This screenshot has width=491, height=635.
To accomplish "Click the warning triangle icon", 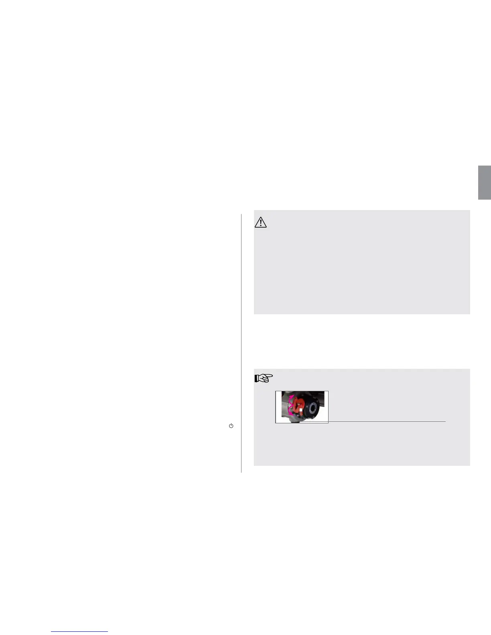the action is click(261, 222).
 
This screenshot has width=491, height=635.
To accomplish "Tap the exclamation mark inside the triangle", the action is click(261, 223).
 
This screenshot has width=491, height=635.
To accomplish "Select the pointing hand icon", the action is click(264, 378).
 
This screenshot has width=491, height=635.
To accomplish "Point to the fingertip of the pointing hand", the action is click(272, 376).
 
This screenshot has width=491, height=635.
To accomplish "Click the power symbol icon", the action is click(231, 426).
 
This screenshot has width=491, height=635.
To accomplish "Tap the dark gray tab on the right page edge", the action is click(484, 182).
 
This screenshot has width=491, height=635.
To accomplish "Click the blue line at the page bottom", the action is click(79, 631).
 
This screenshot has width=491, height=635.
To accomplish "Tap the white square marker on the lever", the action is click(301, 410).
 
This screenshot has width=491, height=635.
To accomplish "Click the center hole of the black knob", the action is click(312, 409).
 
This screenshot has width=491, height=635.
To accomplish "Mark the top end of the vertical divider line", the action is click(241, 214).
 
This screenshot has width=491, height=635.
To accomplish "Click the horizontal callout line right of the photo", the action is click(387, 421).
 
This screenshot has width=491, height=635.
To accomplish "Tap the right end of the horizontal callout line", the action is click(445, 421).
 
